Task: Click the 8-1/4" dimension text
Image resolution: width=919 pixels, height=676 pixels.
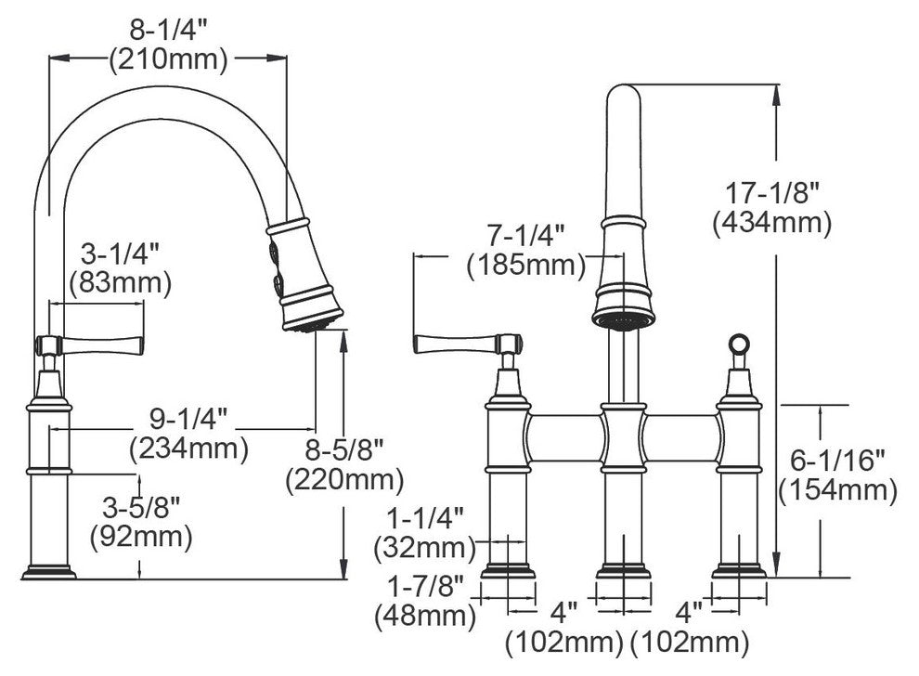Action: coord(168,30)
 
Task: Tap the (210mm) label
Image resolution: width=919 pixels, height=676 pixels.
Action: coord(168,59)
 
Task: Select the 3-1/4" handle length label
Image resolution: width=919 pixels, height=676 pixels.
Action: coord(120,254)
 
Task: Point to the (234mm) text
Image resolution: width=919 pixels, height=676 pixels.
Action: coord(188,448)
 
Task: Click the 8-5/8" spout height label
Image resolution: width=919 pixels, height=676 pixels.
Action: coord(344,450)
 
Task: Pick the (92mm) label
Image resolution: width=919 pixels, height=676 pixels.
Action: coord(141,537)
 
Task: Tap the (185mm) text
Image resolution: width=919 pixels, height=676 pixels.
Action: coord(526,266)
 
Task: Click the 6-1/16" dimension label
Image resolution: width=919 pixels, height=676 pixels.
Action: coord(837,461)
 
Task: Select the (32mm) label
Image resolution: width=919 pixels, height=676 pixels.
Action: coord(425,548)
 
